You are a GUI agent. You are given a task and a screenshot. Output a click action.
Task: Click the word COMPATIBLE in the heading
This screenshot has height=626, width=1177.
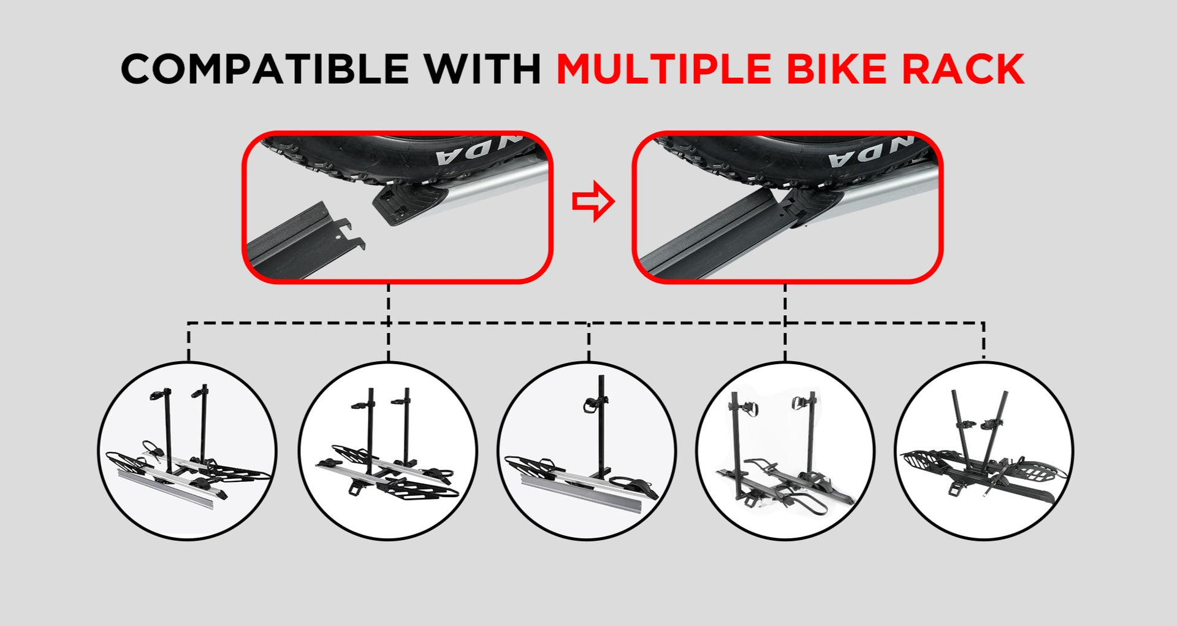point(265,69)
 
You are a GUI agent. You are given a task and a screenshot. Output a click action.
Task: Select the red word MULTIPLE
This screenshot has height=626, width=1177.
point(664,69)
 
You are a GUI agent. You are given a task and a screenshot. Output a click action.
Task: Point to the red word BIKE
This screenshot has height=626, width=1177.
point(836,69)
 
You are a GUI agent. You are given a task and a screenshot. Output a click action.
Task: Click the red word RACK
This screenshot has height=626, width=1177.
point(963,69)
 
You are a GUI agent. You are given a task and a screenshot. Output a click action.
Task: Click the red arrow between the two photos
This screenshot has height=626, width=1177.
point(593,201)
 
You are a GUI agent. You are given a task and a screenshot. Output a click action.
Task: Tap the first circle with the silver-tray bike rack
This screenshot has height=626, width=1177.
point(188,451)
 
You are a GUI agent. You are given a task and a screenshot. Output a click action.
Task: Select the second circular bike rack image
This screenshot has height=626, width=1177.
point(387,451)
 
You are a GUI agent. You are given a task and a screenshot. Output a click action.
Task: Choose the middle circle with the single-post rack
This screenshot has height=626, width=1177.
point(587,451)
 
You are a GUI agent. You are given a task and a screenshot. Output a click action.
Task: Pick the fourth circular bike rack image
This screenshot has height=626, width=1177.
point(785,451)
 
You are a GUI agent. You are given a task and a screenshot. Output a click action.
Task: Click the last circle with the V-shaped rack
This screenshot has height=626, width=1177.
point(984,451)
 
